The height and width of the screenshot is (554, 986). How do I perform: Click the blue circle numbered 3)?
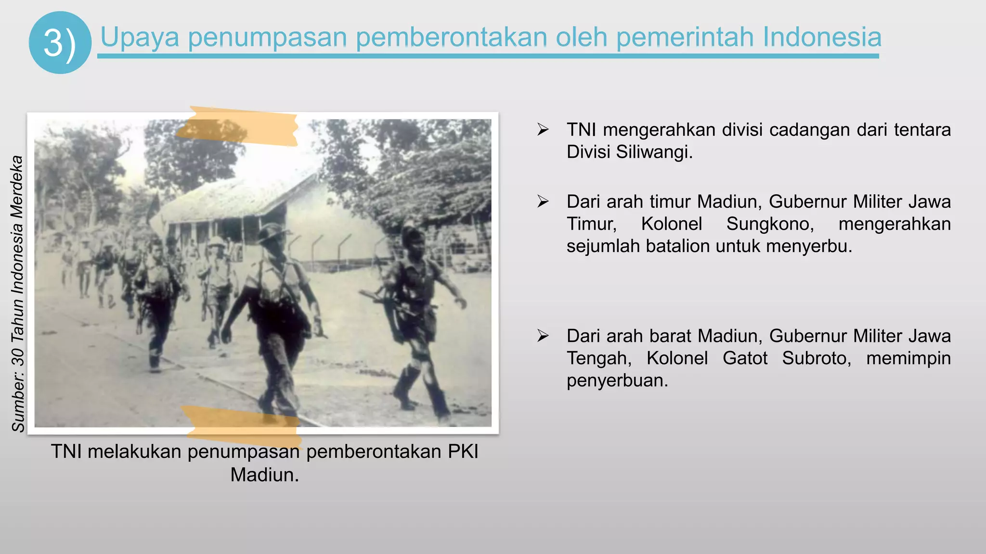click(x=60, y=43)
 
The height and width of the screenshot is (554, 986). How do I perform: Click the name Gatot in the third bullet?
click(x=745, y=358)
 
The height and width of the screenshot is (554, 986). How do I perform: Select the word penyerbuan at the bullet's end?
click(x=617, y=380)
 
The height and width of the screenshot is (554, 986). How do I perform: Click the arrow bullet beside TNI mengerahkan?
click(x=543, y=130)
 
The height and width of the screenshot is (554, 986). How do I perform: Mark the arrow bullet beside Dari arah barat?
click(x=543, y=336)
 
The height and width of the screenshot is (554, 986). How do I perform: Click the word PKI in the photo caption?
click(x=463, y=452)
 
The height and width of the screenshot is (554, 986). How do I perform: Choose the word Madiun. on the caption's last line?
click(x=264, y=475)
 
